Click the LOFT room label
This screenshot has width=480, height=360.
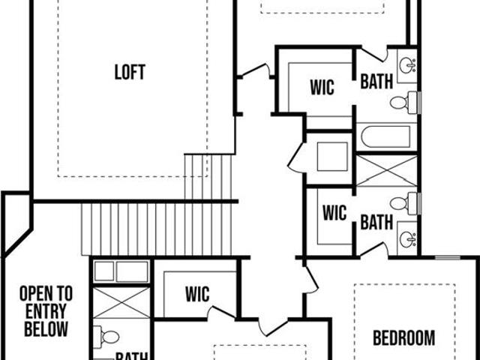tap(130, 72)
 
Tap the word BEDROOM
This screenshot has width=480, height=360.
tap(404, 338)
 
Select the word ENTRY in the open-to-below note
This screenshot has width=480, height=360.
tap(46, 311)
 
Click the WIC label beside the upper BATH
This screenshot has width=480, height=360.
tap(322, 87)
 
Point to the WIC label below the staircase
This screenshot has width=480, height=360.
tap(197, 294)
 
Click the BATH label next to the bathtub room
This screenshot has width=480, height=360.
tap(376, 82)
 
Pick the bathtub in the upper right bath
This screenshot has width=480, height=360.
tap(385, 136)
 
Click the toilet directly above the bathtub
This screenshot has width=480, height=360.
tap(404, 103)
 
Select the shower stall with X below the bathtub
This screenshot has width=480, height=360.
tap(387, 171)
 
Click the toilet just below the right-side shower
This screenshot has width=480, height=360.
tap(404, 203)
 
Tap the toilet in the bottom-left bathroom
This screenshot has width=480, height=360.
tap(106, 337)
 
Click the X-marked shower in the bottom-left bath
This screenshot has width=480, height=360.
tap(121, 302)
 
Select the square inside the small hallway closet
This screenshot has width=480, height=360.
tap(332, 157)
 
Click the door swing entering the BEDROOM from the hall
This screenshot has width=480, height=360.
tap(312, 280)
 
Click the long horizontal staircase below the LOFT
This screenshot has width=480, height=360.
tap(157, 229)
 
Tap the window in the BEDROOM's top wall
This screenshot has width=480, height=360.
tap(448, 258)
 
